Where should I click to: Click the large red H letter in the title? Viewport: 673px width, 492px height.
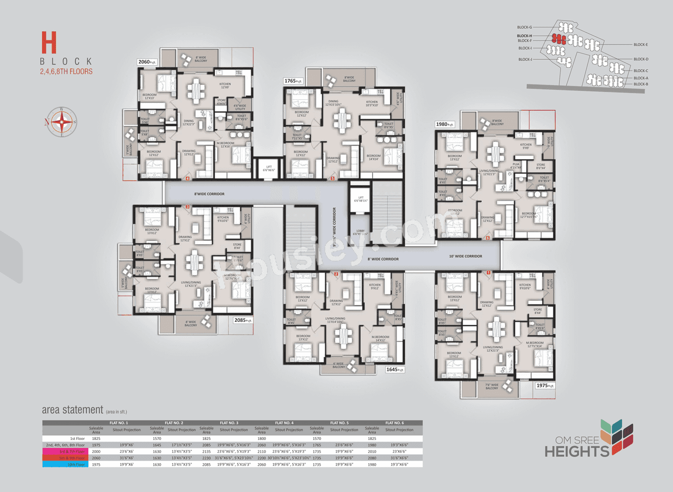coord(49,42)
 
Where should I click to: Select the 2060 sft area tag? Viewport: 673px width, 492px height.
coord(147,62)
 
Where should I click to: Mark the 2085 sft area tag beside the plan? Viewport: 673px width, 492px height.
coord(243,320)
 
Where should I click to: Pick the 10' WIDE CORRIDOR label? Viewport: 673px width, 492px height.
coord(465,256)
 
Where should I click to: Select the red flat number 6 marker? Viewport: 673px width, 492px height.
coord(487,238)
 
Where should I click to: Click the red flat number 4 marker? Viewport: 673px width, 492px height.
coord(188,179)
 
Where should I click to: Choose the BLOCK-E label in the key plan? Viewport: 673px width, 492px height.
coord(640,45)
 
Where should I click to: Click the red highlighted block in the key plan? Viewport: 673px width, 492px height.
coord(558,39)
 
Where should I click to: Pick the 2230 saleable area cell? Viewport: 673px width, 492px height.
coord(206,457)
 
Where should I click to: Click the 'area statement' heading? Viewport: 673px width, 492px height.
coord(72,410)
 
